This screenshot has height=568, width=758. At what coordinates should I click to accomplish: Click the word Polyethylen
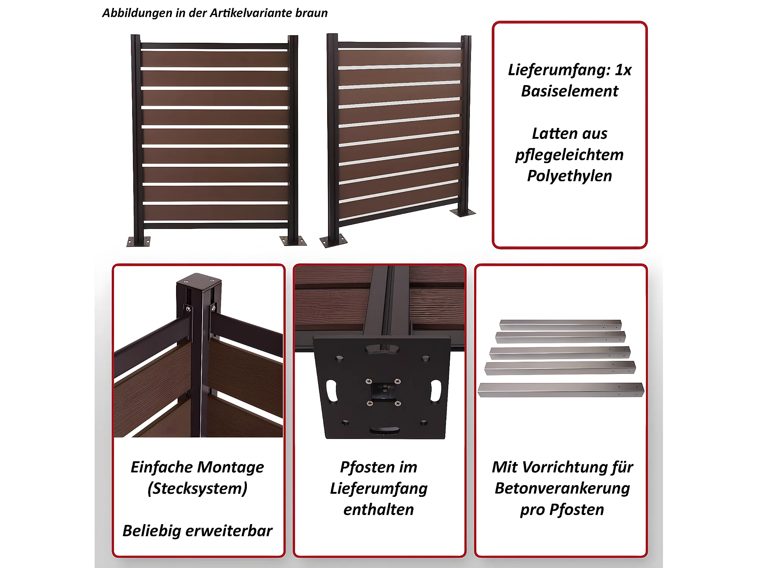(569, 176)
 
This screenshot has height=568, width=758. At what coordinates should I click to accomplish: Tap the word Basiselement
(569, 91)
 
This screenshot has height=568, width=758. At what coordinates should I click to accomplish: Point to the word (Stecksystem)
(198, 489)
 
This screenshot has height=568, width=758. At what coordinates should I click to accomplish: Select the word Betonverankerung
(562, 489)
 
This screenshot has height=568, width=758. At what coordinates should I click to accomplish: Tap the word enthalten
(379, 510)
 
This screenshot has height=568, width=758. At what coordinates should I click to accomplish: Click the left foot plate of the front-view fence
(138, 241)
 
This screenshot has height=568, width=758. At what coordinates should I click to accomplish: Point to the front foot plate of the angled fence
(333, 241)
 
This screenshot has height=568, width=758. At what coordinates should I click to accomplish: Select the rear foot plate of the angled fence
(463, 213)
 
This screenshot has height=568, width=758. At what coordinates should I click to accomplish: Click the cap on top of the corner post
(199, 281)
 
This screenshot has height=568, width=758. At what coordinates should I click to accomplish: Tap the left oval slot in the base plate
(332, 391)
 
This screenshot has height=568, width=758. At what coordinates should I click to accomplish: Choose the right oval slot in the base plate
(436, 391)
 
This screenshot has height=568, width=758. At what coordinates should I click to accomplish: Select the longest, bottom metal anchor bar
(561, 390)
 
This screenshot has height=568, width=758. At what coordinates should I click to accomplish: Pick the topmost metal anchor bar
(560, 325)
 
